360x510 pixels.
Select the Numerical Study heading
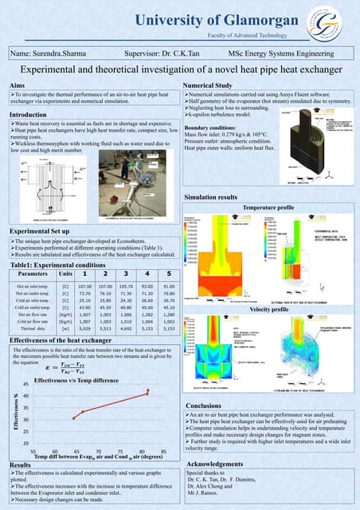[207, 84]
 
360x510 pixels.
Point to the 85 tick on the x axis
[163, 451]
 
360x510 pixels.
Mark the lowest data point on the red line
[72, 418]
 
